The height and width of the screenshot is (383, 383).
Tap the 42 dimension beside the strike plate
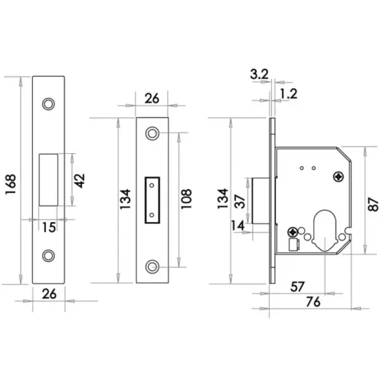coord(80,181)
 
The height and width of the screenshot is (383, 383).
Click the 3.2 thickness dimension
coord(260,75)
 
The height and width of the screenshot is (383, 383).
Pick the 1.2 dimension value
coord(290,93)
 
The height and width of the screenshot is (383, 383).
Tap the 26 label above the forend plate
coord(152,98)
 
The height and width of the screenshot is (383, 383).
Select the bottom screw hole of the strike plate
coord(50,256)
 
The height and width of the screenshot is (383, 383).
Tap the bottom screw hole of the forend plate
coord(152,267)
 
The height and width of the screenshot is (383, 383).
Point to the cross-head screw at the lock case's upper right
coord(338,176)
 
